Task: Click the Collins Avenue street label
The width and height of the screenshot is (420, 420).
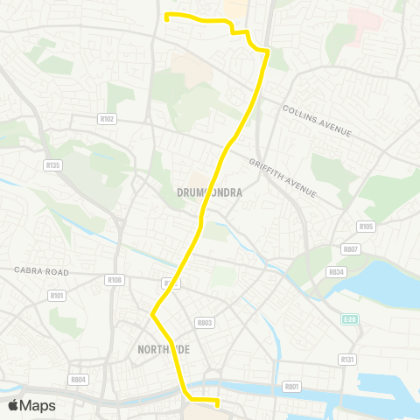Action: pos(317,120)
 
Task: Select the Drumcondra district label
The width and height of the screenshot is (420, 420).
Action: pos(209,191)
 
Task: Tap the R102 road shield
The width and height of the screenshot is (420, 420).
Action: pos(108,118)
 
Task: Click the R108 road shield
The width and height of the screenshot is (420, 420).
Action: pos(114,280)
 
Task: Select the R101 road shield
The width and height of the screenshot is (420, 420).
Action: pos(57,296)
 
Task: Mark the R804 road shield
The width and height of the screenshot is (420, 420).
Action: pos(78,379)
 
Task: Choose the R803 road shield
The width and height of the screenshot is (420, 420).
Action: pos(206,323)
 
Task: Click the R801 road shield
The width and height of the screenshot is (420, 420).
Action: pos(292,386)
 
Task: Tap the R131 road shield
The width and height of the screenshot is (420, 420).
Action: pos(346,359)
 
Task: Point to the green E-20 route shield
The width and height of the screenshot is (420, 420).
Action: pos(350,319)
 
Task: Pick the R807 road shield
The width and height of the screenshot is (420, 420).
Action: pos(352,249)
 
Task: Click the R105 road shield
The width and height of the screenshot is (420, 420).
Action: pos(366,227)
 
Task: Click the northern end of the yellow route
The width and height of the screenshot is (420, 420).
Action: pos(167,15)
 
